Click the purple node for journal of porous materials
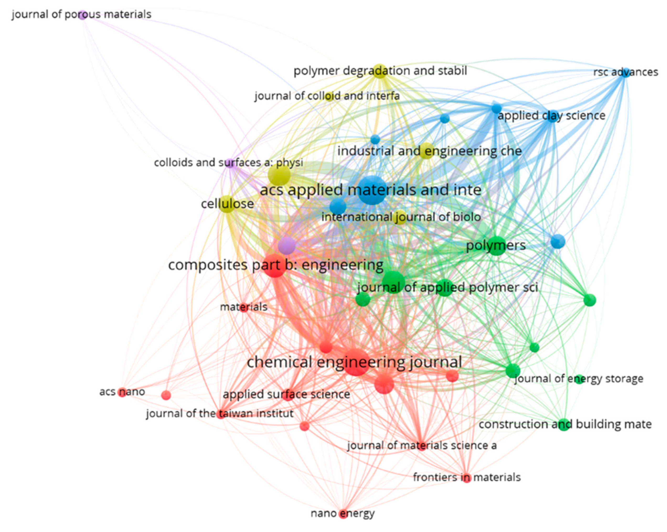pyautogui.click(x=82, y=14)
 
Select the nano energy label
pyautogui.click(x=343, y=513)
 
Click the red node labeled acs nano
pyautogui.click(x=122, y=392)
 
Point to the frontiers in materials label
pyautogui.click(x=467, y=477)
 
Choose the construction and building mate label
pyautogui.click(x=565, y=424)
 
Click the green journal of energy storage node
pyautogui.click(x=579, y=379)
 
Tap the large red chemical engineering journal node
pyautogui.click(x=356, y=363)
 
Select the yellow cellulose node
pyautogui.click(x=227, y=204)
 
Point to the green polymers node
pyautogui.click(x=496, y=246)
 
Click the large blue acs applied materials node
pyautogui.click(x=372, y=190)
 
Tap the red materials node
pyautogui.click(x=244, y=307)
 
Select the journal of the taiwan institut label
pyautogui.click(x=220, y=413)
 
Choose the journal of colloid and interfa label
pyautogui.click(x=327, y=96)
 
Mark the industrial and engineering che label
pyautogui.click(x=429, y=151)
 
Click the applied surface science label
pyautogui.click(x=286, y=394)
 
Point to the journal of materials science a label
pyautogui.click(x=422, y=446)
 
